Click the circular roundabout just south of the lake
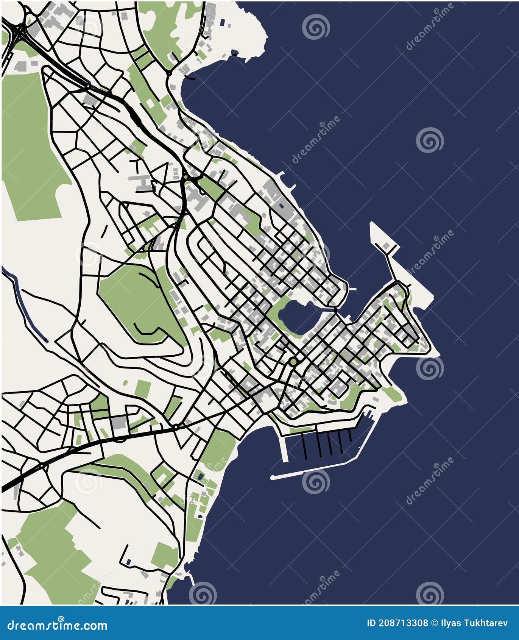pos(293,362)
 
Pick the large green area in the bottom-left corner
pos(53,549)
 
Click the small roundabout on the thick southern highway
pos(176,427)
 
